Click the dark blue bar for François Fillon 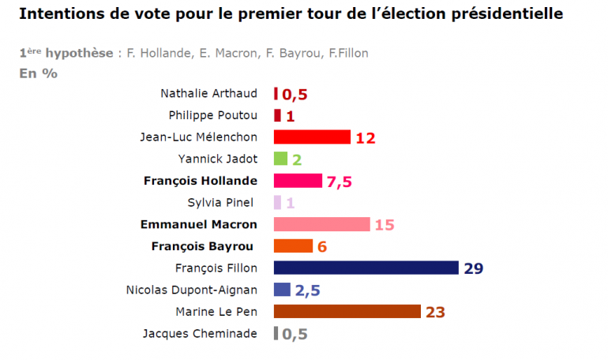click(x=366, y=268)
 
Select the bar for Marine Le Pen click(x=347, y=311)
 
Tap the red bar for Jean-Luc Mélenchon click(x=312, y=137)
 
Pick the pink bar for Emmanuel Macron click(x=321, y=224)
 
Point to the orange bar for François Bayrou click(x=293, y=246)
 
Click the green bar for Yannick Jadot click(x=280, y=159)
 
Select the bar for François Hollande click(x=298, y=181)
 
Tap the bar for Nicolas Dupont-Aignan click(x=282, y=289)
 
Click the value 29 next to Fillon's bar click(x=474, y=268)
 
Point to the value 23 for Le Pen click(x=436, y=312)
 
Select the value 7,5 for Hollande click(x=339, y=182)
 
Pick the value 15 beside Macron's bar click(x=385, y=225)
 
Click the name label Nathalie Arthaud click(x=208, y=94)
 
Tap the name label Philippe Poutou click(x=212, y=115)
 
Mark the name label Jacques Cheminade click(x=200, y=333)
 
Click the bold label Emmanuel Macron click(x=198, y=224)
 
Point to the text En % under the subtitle click(x=38, y=73)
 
